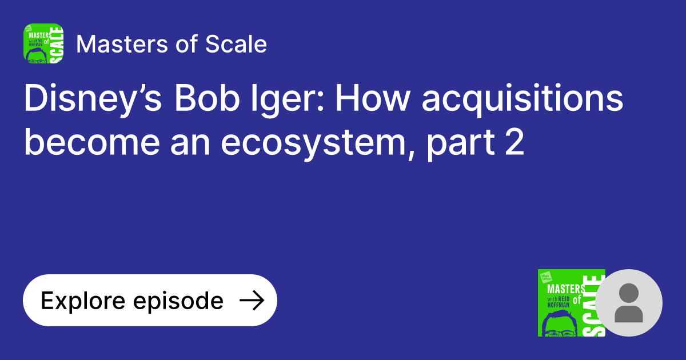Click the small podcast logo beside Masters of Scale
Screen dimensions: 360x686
click(43, 43)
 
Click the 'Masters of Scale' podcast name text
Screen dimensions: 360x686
click(171, 44)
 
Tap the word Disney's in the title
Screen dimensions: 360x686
click(91, 100)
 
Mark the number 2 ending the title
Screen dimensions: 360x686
click(514, 143)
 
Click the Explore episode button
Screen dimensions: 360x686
click(150, 301)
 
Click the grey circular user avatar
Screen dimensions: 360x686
click(629, 303)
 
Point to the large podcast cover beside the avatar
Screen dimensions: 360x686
click(571, 303)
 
